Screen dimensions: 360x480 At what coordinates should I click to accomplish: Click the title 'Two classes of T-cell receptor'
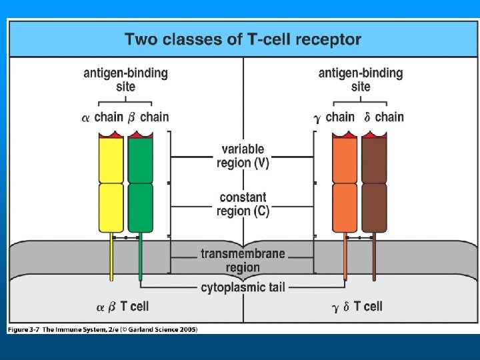click(x=243, y=39)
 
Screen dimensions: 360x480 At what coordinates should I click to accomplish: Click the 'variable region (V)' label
click(x=243, y=156)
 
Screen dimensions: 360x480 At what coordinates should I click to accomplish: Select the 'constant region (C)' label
click(x=243, y=203)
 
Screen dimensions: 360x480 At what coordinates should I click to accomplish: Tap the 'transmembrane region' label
click(x=243, y=260)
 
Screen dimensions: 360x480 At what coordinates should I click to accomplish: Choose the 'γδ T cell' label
click(x=357, y=306)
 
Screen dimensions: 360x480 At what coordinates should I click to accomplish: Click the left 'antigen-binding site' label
click(x=125, y=79)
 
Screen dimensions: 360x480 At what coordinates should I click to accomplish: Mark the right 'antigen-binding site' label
click(x=361, y=79)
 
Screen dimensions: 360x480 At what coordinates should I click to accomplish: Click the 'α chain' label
click(x=103, y=117)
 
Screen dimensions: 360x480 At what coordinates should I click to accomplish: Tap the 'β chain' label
click(x=148, y=117)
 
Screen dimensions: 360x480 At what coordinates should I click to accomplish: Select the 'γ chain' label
click(x=334, y=117)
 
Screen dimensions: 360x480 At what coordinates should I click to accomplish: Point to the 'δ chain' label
click(x=384, y=117)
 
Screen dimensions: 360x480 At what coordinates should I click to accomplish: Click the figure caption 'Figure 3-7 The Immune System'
click(x=103, y=329)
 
